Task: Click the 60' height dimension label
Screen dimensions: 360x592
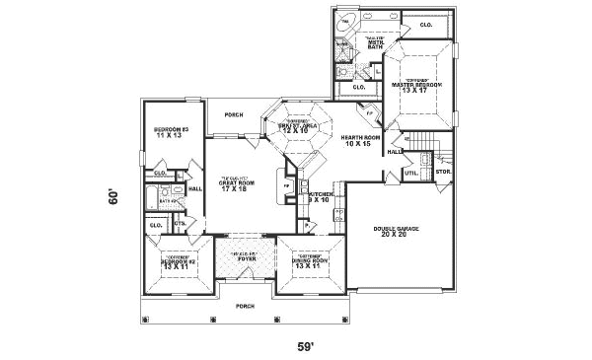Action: [x=114, y=197]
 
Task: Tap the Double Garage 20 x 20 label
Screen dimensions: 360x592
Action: [x=396, y=232]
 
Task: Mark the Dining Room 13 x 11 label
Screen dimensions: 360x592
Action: [x=309, y=263]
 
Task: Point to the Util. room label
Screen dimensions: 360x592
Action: [x=411, y=174]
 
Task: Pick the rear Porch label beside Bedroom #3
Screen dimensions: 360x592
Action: [x=234, y=114]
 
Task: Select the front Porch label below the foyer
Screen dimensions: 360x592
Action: [x=245, y=306]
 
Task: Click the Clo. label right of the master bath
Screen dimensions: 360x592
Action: [x=425, y=24]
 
